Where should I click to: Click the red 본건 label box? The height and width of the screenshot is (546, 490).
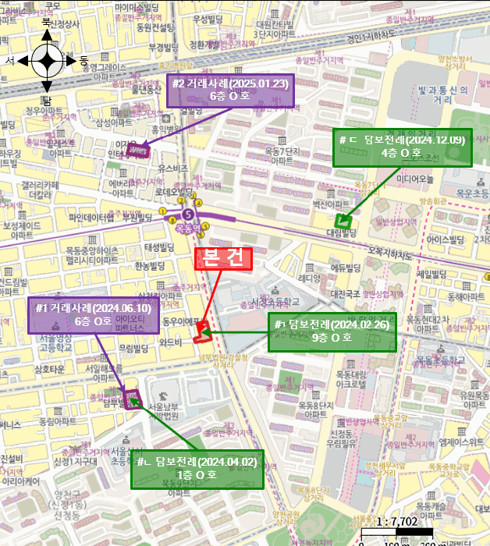coord(223,259)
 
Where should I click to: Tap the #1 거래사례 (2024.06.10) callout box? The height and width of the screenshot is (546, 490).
coord(94,314)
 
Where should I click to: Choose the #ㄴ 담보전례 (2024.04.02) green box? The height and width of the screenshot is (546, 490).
coord(197,468)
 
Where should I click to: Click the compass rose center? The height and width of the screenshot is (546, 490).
coord(47,60)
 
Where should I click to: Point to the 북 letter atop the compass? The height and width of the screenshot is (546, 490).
coord(47,23)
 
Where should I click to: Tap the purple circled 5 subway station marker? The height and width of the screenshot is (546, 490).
coord(187,214)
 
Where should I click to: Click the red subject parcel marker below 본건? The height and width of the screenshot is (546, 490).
coord(201,333)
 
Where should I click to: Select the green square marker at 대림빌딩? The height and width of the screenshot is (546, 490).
coord(340,220)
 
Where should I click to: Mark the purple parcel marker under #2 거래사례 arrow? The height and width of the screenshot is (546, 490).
coord(139,150)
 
